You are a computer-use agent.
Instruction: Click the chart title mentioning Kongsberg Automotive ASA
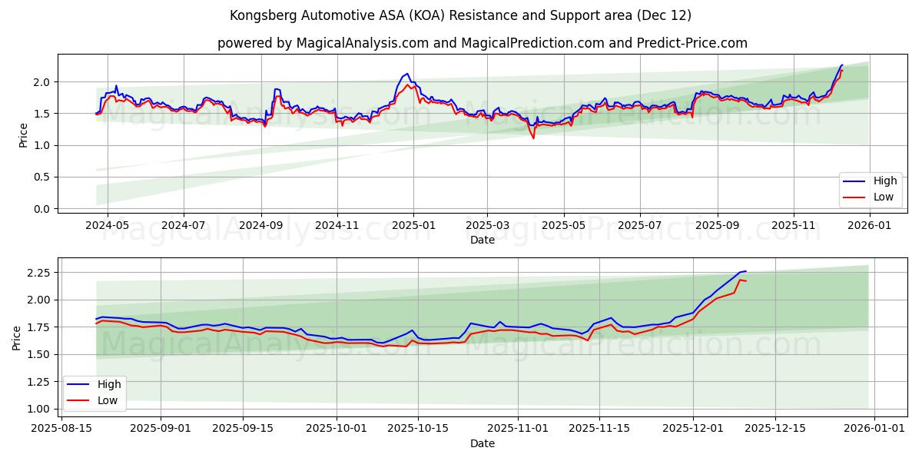460,15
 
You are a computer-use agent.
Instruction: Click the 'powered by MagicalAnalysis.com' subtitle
482,43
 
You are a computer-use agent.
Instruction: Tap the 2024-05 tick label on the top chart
107,225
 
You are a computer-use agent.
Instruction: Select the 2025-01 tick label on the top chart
413,225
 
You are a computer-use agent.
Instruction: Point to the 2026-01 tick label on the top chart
870,225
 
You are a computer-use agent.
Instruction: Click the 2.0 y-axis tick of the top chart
41,82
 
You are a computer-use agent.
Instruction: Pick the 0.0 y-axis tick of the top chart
41,209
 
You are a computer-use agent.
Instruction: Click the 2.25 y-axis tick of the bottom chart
38,273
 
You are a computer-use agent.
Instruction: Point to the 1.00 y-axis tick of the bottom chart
38,409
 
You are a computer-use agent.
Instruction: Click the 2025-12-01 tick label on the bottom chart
692,429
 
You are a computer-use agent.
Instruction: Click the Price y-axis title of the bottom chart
17,337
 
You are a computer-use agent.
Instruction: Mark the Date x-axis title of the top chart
482,240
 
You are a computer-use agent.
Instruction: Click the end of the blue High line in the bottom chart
745,271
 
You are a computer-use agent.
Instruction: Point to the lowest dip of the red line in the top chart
533,138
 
